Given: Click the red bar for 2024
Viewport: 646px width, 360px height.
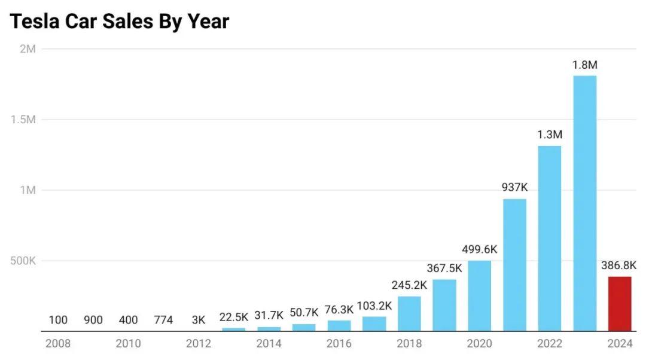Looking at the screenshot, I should coord(620,304).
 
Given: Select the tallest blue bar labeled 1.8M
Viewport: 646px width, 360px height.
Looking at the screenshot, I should coord(584,203).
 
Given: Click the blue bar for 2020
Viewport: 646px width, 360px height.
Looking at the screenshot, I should coord(479,296).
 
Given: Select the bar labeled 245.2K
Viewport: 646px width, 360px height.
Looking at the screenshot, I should coord(409,313).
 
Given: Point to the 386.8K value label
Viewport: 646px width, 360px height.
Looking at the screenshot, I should coord(619,265).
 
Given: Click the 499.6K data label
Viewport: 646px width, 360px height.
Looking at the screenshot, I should coord(479,249).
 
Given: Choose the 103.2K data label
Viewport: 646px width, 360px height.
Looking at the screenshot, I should coord(374,306).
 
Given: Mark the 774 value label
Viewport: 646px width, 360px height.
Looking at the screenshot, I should coord(163,320).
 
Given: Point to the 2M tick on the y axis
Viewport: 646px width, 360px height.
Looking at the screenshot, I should coord(28,49).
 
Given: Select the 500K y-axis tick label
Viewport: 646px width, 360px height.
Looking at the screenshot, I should coord(23,261).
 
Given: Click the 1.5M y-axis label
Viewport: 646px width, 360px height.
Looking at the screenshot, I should coord(23,120).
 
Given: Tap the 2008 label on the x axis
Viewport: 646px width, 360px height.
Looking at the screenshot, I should coord(58,343).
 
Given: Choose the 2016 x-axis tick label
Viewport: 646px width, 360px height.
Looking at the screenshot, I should coord(339,343).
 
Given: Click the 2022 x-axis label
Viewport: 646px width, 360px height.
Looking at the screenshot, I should coord(550,343).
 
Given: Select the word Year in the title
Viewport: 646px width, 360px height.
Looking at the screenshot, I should coord(206,22).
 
